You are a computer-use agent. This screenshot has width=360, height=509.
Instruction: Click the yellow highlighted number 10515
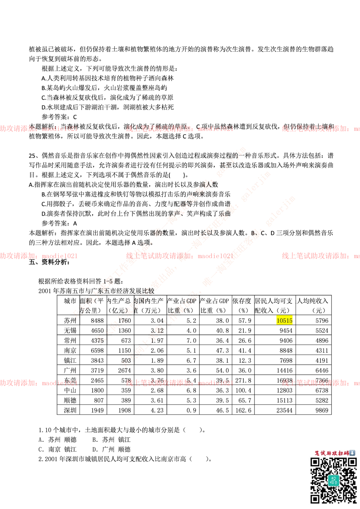(x=284, y=320)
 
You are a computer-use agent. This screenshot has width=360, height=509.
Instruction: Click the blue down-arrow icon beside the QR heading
(x=352, y=453)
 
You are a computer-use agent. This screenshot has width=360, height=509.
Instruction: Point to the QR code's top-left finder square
(x=315, y=462)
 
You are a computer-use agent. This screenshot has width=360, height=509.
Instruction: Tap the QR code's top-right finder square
(x=352, y=462)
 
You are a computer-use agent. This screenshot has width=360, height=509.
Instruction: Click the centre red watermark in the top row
(x=179, y=128)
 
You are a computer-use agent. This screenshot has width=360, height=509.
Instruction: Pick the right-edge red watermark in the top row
(x=320, y=128)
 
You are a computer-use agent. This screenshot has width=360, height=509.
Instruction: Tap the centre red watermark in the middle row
(x=179, y=256)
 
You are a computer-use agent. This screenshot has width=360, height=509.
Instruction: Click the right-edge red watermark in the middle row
(x=320, y=256)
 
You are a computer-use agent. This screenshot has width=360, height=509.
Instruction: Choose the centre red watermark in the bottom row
(x=179, y=383)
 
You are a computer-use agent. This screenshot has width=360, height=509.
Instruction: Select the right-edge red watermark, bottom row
(x=320, y=383)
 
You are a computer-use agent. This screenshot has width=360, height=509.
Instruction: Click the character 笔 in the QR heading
(x=317, y=453)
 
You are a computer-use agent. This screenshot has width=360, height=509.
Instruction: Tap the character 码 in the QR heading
(x=346, y=453)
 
